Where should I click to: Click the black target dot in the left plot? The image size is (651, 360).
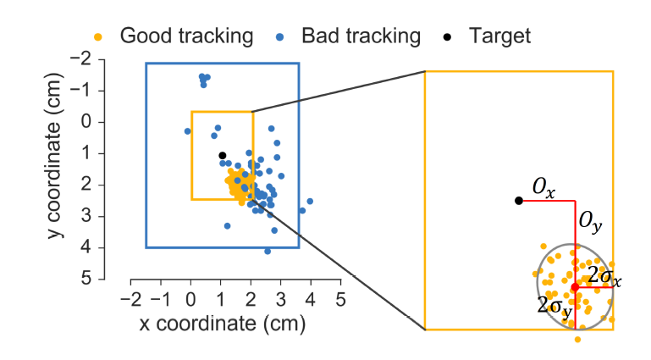(x=222, y=155)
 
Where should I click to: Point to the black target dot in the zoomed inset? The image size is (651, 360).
(x=518, y=201)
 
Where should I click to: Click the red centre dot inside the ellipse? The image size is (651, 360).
(x=576, y=287)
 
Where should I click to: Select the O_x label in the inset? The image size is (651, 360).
(x=543, y=189)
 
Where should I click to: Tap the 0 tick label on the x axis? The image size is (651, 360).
(x=191, y=299)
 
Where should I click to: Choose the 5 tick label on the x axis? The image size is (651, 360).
(x=340, y=299)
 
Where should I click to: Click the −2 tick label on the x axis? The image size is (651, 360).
(x=128, y=299)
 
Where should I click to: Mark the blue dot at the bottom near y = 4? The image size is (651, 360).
(x=268, y=251)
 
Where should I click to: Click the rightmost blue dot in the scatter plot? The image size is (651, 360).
(x=310, y=202)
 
